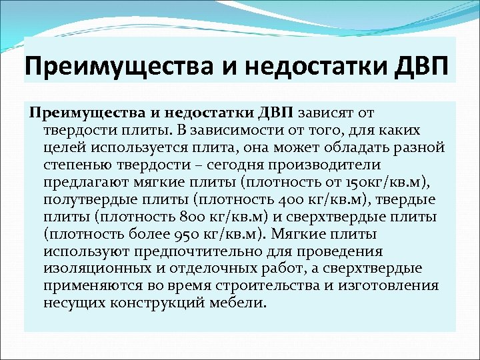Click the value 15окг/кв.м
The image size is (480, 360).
[399, 181]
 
